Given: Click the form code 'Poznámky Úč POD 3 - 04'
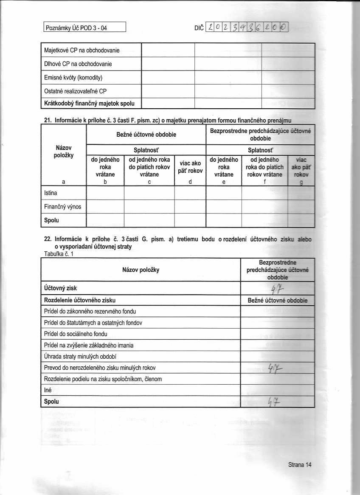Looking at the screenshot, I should [76, 29].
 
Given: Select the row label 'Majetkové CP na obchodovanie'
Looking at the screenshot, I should [82, 51].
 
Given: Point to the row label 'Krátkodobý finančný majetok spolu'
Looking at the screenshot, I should [89, 103].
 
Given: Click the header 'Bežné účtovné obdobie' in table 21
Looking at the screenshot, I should [146, 135].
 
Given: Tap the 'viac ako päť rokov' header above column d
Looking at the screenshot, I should [190, 166].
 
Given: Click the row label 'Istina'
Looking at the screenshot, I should [51, 193].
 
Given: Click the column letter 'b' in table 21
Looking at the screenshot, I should [105, 182].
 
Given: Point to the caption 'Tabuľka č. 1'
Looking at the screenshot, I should [59, 253].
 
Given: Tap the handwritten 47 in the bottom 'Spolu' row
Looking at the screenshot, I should [273, 401].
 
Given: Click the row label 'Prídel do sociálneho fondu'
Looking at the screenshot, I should [76, 334].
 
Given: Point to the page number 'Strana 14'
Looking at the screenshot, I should [299, 465].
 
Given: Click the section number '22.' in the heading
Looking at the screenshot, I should [48, 239].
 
